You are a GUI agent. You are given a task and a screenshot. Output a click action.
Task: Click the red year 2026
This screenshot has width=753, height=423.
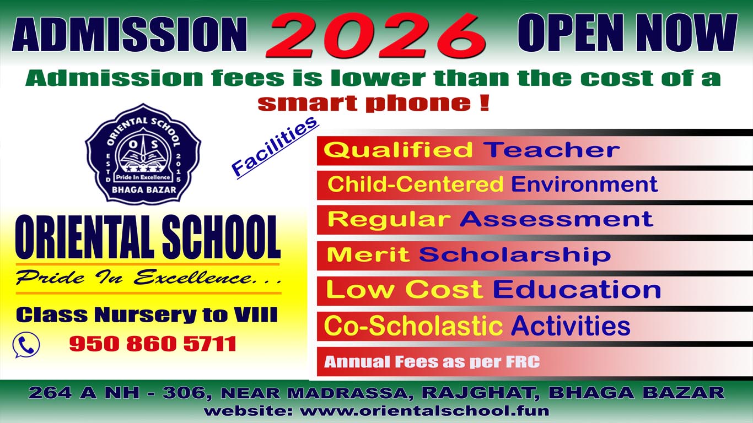[x=376, y=35]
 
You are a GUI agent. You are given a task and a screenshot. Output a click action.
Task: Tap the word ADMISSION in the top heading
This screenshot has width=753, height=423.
[x=130, y=34]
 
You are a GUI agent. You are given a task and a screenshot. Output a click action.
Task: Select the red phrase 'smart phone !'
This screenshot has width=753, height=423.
[x=373, y=103]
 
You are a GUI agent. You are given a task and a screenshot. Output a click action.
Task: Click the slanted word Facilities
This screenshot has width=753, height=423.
[x=275, y=147]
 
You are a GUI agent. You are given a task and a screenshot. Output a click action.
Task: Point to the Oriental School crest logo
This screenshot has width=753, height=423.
[x=143, y=154]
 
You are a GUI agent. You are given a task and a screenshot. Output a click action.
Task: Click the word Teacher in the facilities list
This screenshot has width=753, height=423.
[x=551, y=149]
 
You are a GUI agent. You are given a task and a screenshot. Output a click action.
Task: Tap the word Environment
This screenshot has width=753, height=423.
[x=584, y=185]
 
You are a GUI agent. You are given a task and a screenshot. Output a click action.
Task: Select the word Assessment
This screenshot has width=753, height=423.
[x=556, y=219]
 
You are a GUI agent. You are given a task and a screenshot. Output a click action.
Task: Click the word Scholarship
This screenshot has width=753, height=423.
[x=515, y=254]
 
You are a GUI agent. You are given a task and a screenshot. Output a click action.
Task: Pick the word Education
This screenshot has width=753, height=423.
[x=577, y=290]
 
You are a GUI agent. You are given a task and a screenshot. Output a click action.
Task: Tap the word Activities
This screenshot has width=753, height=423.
[x=571, y=326]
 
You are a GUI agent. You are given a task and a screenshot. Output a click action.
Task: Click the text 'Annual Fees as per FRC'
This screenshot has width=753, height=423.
[x=432, y=362]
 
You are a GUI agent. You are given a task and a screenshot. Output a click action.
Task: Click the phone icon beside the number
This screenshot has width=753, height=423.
[x=26, y=345]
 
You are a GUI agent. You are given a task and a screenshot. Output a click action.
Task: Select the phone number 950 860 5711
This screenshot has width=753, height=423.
[x=153, y=344]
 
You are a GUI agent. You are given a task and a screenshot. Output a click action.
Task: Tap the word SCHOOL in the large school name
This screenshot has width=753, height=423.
[x=221, y=237]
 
